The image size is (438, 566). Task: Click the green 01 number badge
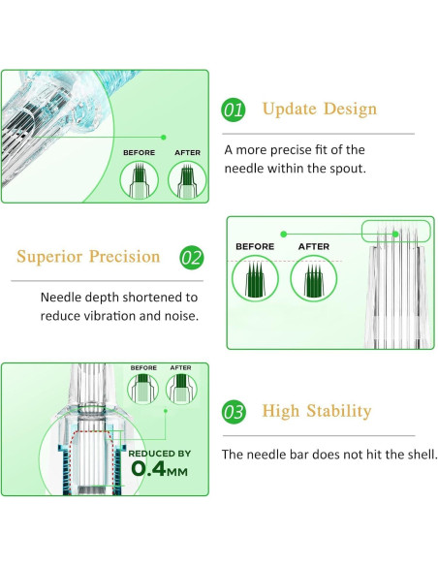234,110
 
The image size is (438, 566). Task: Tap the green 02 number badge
192,258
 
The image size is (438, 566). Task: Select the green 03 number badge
234,412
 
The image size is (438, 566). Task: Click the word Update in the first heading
290,109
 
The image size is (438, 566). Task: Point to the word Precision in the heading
124,257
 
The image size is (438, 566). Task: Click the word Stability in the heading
339,411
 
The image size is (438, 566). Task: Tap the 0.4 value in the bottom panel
148,468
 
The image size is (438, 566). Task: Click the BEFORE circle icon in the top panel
140,179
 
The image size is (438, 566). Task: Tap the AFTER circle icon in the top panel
187,179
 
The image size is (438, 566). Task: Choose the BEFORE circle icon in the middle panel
255,278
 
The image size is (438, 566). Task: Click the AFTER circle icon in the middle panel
314,278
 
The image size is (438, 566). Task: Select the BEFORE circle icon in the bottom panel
142,389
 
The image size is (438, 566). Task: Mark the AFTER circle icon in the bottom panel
181,389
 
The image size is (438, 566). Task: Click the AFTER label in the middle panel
314,246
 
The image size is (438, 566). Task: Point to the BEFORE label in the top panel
140,153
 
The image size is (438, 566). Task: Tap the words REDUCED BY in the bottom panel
160,454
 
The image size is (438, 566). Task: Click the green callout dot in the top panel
164,138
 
